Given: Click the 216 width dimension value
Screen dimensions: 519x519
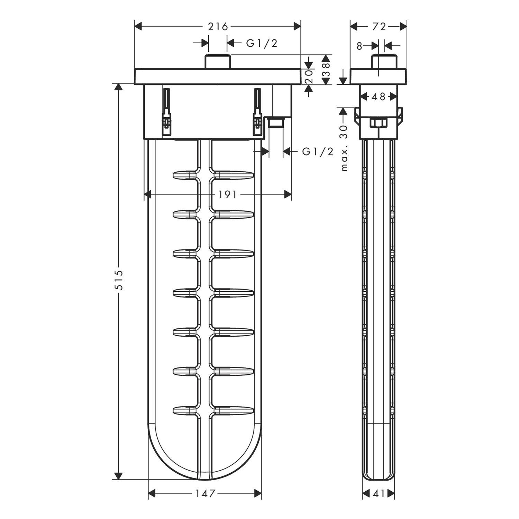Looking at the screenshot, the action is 218,26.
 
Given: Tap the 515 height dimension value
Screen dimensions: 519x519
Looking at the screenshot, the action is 119,280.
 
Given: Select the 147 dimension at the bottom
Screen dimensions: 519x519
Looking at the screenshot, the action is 205,493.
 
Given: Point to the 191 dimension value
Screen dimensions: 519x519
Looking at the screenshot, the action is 227,195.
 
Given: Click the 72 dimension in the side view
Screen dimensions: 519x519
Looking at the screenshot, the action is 379,26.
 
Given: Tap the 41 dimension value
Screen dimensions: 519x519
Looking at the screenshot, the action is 379,494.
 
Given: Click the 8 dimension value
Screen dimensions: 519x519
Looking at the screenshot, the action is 359,46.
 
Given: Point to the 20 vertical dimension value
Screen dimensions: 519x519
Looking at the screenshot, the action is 309,76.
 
